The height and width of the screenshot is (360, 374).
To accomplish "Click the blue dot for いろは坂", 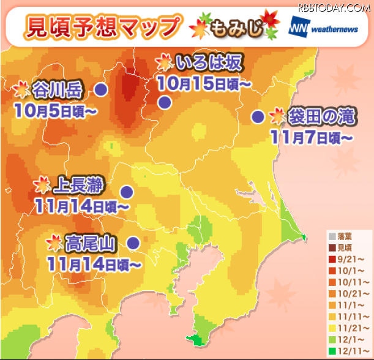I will (x=164, y=102).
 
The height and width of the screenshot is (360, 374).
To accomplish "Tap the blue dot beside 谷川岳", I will (x=101, y=90).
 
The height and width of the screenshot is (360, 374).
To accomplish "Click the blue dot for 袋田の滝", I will (x=258, y=116).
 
